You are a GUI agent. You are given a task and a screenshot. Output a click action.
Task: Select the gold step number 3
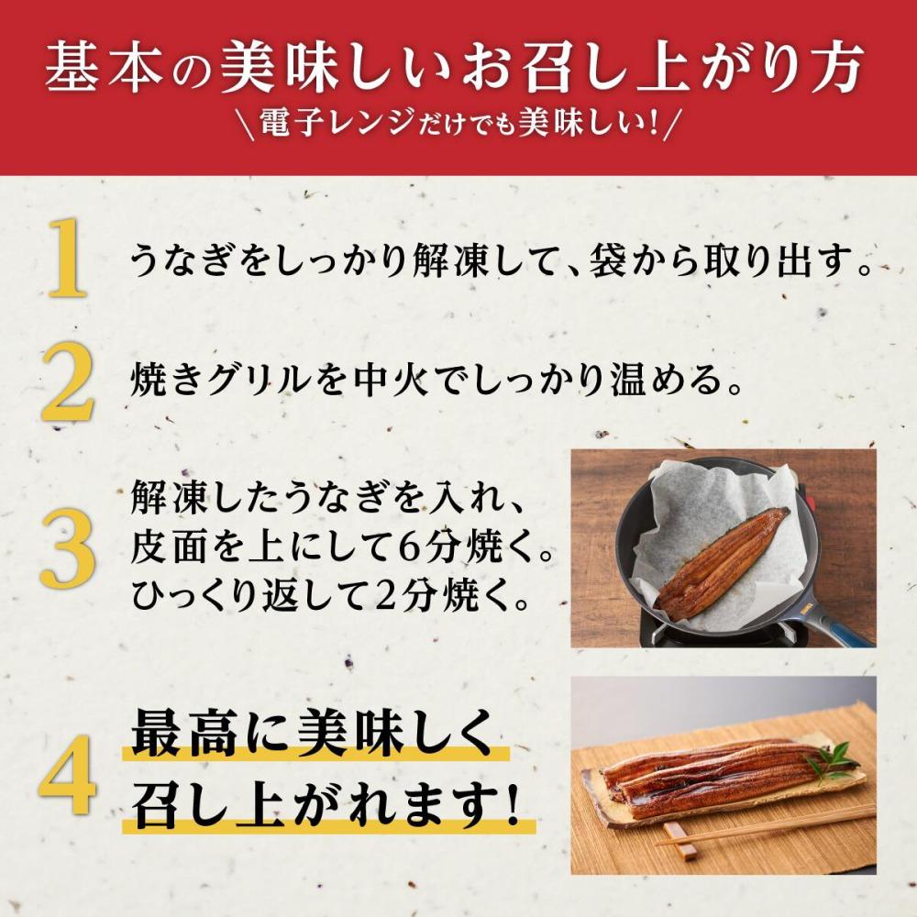click(67, 547)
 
